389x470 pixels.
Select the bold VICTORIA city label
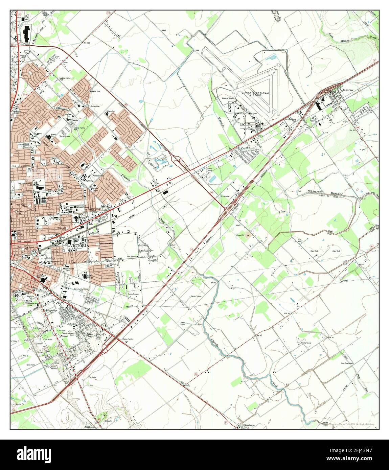point(78,245)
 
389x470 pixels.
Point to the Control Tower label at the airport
point(228,98)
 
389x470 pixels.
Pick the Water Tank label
point(96,91)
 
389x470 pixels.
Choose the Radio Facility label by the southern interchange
point(128,339)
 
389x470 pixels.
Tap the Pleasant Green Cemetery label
point(68,334)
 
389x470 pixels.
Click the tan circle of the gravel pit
point(249,234)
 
